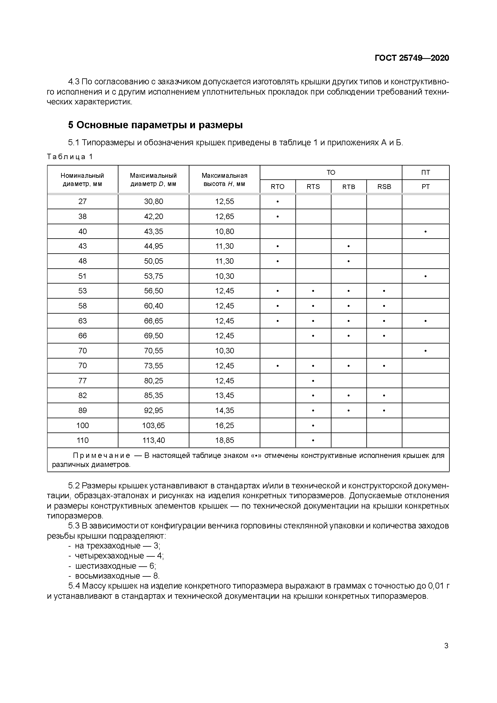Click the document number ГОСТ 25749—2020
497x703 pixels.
point(412,58)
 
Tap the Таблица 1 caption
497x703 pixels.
point(70,157)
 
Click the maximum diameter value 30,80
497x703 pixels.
point(154,201)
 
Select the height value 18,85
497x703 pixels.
point(224,440)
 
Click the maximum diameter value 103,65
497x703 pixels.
point(154,425)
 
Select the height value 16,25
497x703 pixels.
point(224,425)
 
